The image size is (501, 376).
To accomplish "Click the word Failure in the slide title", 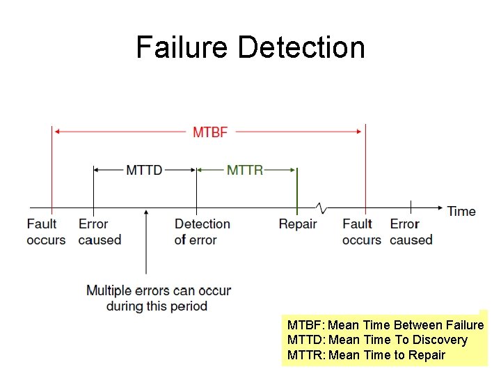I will point(182,47).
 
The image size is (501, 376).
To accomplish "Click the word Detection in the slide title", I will point(301,47).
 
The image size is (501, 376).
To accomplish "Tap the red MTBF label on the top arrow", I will point(209,132).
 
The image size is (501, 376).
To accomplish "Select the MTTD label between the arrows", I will point(144,170).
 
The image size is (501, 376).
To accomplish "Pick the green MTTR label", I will point(245,170).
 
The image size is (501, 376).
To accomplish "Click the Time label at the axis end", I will point(461,211).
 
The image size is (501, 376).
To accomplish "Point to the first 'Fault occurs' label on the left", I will point(46,232).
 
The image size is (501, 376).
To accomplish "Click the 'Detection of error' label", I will point(202,232).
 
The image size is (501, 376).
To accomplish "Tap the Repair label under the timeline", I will point(298,224).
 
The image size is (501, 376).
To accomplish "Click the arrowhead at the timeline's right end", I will point(438,207).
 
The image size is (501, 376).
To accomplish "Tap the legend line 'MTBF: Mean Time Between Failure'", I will point(385,325).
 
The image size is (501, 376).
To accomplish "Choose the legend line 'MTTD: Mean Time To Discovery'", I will point(377,340).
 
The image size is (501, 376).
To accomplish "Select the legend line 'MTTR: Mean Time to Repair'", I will point(366,355).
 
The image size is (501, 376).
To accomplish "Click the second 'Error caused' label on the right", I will point(411,232).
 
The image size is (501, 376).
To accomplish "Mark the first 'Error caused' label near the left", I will point(100,232).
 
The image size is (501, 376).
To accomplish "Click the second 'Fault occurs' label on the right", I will point(361,232).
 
